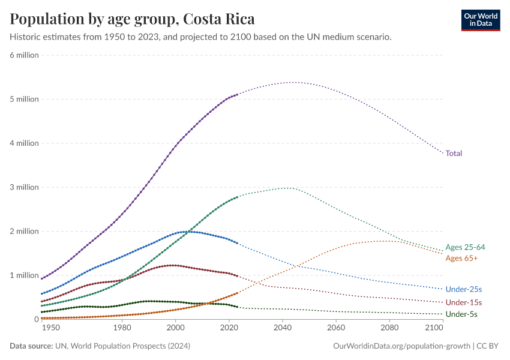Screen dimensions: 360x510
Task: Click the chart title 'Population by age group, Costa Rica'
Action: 132,19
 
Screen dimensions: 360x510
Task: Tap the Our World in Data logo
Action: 480,20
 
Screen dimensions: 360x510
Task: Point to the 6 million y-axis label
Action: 25,55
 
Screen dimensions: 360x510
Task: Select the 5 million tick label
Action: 25,99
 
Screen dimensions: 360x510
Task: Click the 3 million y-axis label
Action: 25,187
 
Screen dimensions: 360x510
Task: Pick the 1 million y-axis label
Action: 25,275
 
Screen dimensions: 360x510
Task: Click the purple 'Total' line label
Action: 454,154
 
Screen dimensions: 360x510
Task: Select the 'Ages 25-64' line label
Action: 465,247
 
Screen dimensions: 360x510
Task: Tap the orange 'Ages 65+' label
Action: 461,258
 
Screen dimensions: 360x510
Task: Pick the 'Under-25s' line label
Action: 464,289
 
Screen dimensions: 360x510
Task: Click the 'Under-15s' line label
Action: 464,302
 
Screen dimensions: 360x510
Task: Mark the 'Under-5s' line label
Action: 462,314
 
